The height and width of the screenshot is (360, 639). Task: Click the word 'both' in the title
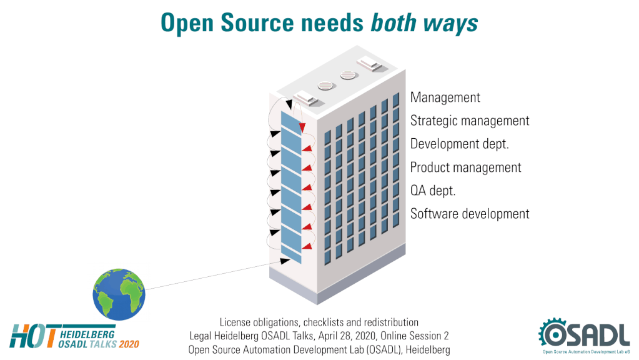click(394, 22)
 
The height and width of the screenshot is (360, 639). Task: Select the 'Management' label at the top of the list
click(445, 97)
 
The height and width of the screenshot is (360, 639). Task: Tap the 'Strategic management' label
click(470, 121)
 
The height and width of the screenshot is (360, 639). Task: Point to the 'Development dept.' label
click(459, 144)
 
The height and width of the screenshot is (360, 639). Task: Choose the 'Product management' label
click(465, 167)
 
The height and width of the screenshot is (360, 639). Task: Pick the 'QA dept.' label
click(432, 191)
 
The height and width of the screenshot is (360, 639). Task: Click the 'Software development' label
click(470, 214)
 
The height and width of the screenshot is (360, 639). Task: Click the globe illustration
click(119, 294)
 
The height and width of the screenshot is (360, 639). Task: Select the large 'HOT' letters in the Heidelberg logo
click(33, 336)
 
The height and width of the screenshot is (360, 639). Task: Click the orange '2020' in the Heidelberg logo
click(129, 344)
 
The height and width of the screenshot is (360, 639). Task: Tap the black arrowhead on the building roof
click(289, 104)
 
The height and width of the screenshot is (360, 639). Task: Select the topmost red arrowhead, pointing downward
click(302, 127)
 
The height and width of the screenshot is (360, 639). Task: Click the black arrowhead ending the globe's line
click(285, 261)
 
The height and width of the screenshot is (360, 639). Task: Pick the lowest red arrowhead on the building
click(307, 246)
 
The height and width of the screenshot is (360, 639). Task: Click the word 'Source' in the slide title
click(257, 22)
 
